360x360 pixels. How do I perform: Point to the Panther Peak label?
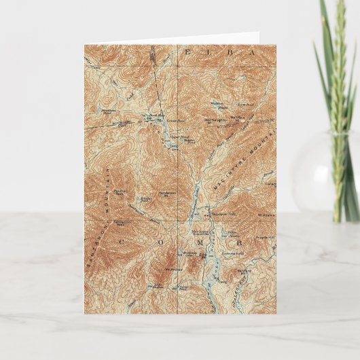pos(120,192)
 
